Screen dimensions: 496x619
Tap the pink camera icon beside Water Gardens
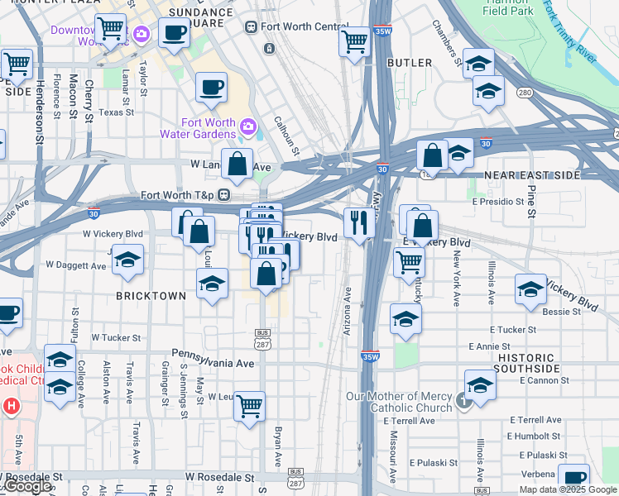247,126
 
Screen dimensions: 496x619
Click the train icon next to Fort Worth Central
251,26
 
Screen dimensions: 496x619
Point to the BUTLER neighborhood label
409,63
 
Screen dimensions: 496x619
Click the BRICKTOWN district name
151,295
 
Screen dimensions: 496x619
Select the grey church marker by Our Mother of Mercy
463,403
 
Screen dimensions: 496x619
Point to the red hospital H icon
11,406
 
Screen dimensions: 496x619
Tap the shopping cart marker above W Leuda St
249,405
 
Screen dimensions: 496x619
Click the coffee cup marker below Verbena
573,478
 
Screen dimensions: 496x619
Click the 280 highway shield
524,93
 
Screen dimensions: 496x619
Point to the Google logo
26,486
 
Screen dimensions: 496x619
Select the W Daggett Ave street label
76,265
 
